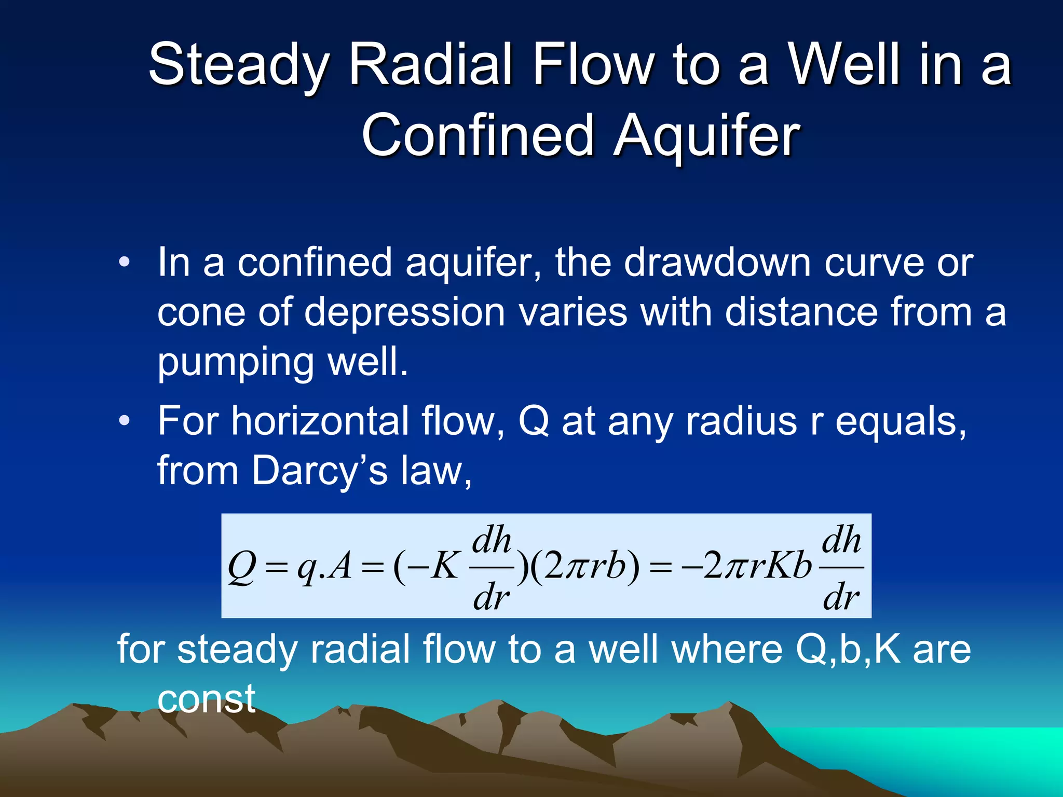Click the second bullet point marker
click(x=124, y=421)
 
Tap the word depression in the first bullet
click(x=404, y=313)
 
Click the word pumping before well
click(x=236, y=363)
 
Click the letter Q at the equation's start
click(x=242, y=567)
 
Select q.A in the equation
click(x=324, y=567)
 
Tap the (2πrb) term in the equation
click(x=585, y=567)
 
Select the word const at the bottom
click(x=207, y=698)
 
